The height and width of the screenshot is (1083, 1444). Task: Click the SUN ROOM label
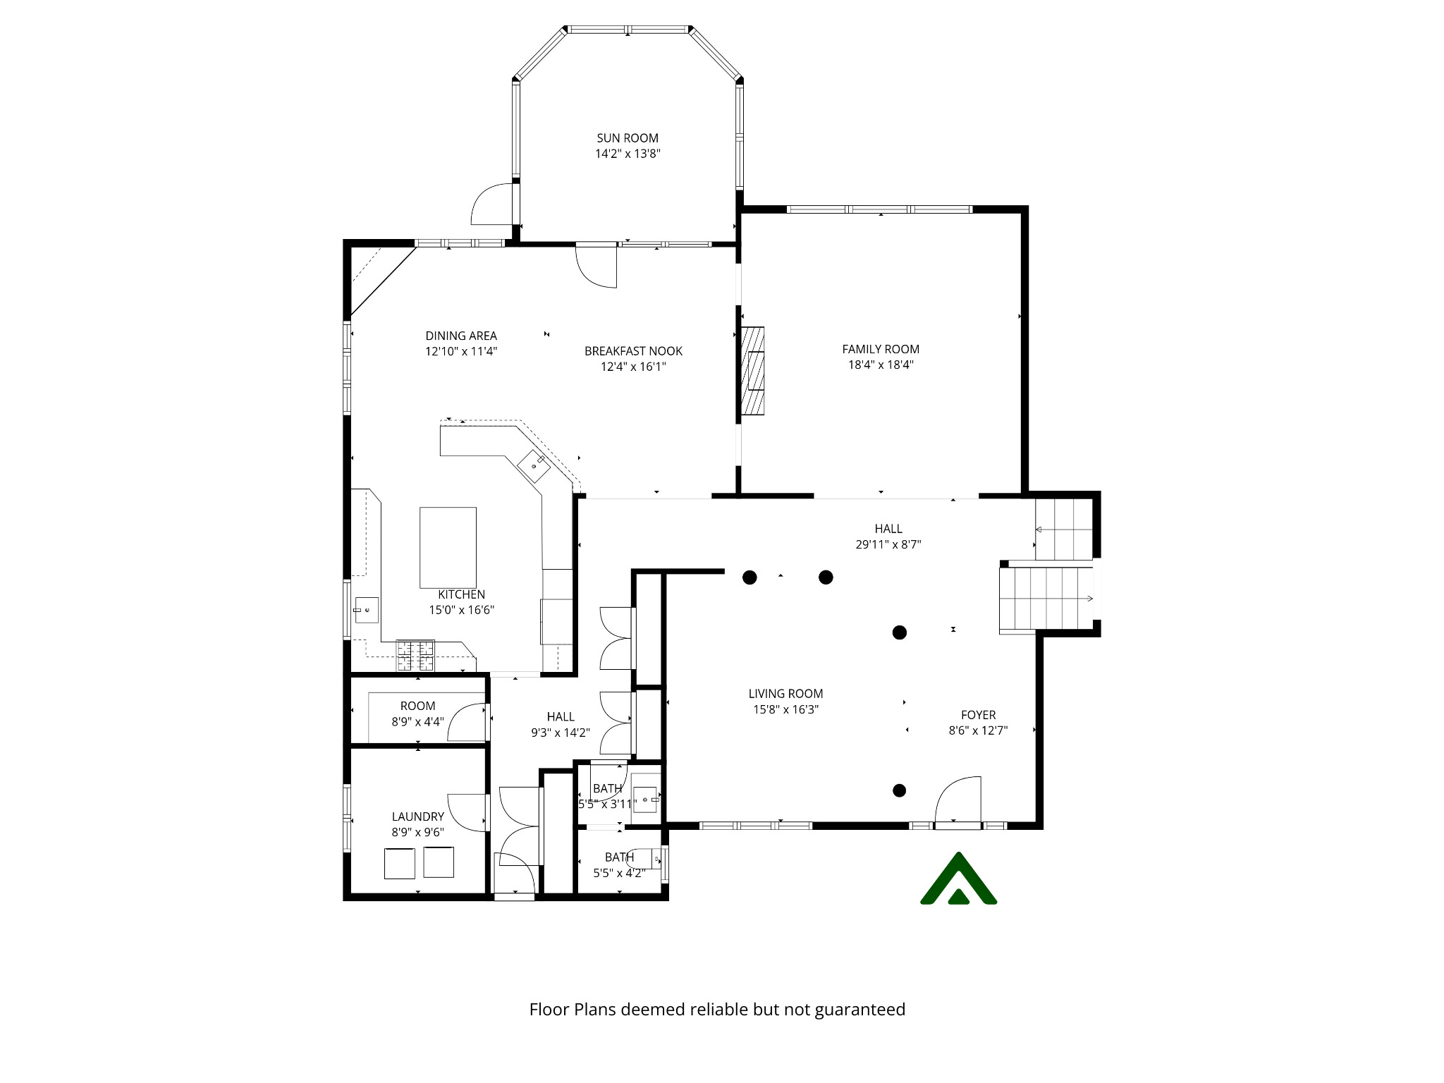(628, 138)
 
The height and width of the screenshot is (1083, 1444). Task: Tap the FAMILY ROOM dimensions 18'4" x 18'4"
(881, 365)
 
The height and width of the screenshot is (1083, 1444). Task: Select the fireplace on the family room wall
(753, 370)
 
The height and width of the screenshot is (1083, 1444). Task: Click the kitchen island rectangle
(448, 547)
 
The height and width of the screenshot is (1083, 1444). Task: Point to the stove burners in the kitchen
(415, 655)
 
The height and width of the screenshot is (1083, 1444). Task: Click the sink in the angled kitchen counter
(534, 465)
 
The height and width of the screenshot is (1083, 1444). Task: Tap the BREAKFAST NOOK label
(633, 351)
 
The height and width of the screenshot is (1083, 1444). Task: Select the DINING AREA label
(461, 336)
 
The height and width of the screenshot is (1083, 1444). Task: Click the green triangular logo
(958, 881)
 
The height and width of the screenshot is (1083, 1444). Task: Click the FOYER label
(978, 715)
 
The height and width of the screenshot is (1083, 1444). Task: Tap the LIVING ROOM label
(785, 694)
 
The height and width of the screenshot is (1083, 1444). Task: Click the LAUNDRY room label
(418, 816)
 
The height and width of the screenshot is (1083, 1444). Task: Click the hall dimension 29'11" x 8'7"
(888, 544)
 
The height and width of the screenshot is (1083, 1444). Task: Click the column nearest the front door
(899, 790)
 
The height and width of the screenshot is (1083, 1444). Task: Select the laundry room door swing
(467, 812)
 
